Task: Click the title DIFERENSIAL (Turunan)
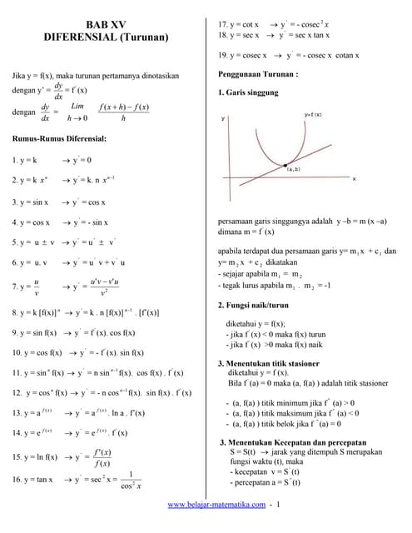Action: tap(105, 38)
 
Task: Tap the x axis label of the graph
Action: tap(354, 177)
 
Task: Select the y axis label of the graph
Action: tap(223, 119)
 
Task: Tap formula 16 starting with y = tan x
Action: tap(75, 479)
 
